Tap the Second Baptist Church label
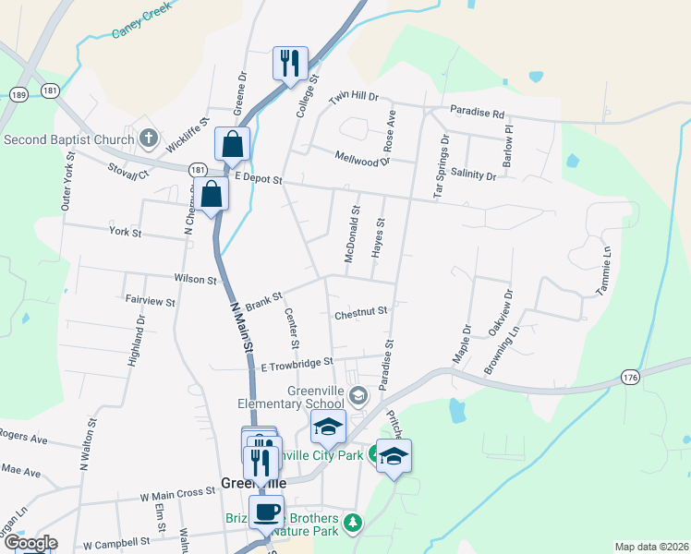tap(69, 140)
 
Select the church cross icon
tap(148, 140)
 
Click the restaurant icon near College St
tap(290, 63)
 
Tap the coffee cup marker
tap(267, 510)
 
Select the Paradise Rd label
tap(478, 113)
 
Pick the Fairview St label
tap(150, 301)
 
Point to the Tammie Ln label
tap(607, 266)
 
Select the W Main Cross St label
tap(177, 495)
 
